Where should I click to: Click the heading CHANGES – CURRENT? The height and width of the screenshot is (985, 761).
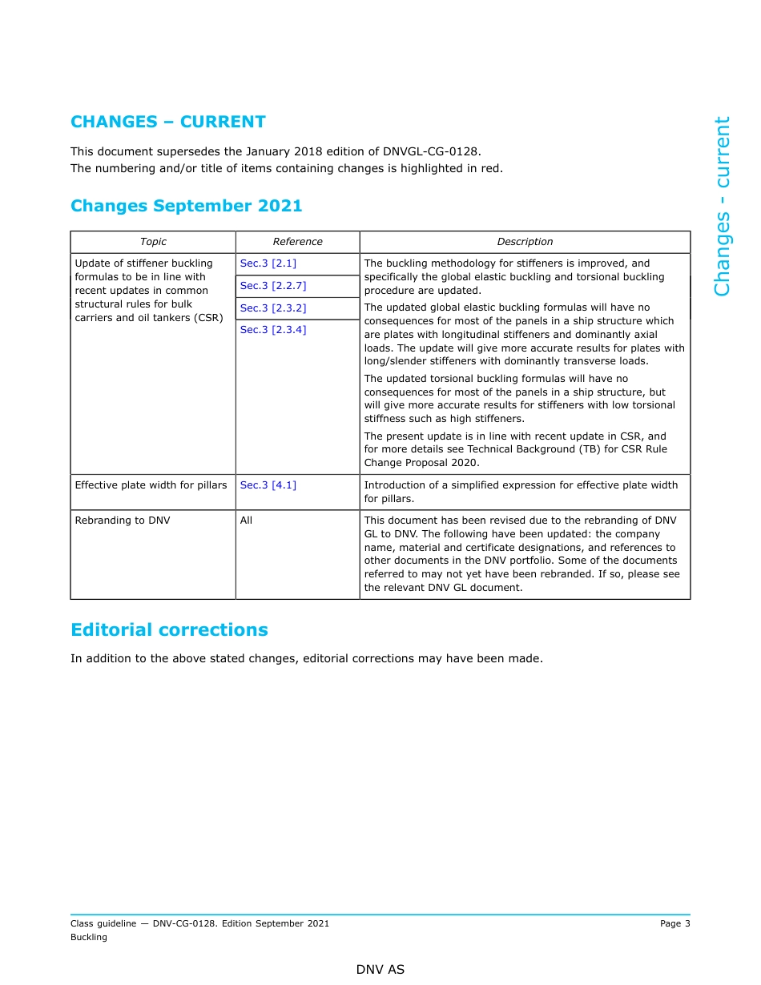pos(167,122)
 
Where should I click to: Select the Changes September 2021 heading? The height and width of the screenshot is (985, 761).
pos(186,206)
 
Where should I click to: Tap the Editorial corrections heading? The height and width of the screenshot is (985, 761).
pos(169,630)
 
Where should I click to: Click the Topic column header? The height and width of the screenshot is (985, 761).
pos(153,242)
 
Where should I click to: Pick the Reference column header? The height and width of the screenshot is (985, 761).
pos(297,242)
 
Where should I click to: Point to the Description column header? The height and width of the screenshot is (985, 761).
pos(525,242)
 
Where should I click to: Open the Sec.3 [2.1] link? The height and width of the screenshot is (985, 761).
pos(268,263)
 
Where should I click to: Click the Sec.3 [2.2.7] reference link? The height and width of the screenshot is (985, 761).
pos(272,286)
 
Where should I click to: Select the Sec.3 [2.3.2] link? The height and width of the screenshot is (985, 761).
pos(272,308)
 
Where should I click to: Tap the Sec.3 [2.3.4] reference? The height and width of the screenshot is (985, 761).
pos(272,330)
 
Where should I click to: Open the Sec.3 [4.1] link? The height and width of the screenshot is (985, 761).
pos(268,485)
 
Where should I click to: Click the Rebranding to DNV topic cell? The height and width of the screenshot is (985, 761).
pos(123,521)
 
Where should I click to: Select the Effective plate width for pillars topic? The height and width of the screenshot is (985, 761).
pos(151,485)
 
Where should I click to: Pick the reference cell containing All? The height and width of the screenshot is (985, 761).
pos(246,521)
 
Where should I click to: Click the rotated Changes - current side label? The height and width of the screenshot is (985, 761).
pos(722,207)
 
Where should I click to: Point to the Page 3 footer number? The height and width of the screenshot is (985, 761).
pos(674,924)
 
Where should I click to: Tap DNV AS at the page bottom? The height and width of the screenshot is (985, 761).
pos(380,970)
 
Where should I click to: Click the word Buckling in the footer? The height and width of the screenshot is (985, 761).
pos(89,938)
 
